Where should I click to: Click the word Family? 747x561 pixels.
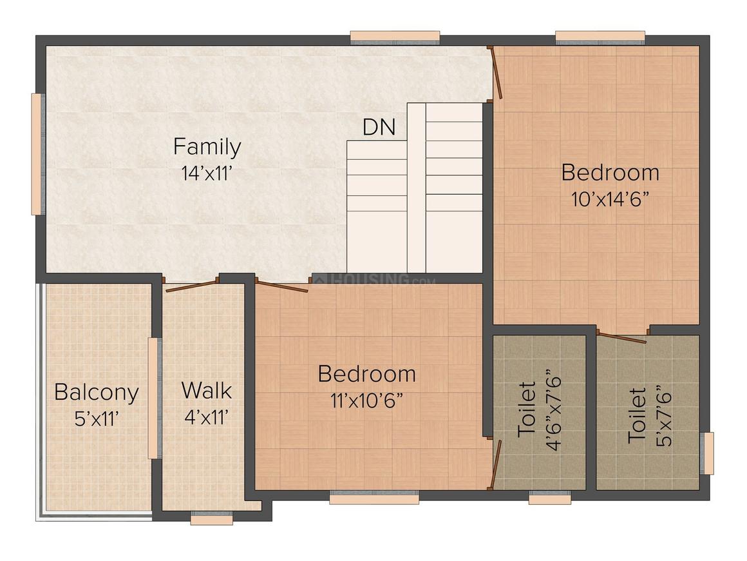coord(207,148)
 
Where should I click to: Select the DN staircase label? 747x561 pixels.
coord(379,127)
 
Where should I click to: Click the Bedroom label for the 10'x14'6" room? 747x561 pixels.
coord(610,173)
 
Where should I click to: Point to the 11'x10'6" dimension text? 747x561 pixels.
coord(366,400)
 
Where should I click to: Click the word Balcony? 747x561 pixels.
coord(96,392)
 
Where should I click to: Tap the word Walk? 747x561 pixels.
coord(206,391)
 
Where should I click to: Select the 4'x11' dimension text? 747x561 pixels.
coord(206,417)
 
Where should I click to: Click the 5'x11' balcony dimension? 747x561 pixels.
coord(96,418)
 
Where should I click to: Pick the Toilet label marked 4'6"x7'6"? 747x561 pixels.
coord(527,410)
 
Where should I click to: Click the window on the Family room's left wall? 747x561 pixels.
coord(38,154)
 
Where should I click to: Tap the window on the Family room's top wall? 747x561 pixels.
coord(395,37)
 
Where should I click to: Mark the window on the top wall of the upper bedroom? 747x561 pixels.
coord(600,37)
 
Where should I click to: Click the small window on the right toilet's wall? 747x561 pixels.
coord(706,453)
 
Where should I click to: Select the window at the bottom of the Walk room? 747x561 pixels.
coord(211,518)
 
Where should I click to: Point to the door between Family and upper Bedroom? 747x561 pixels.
coord(496,73)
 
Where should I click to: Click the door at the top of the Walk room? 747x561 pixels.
coord(191,286)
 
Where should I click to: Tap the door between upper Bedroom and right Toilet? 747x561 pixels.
coord(621,337)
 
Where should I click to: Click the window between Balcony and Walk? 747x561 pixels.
coord(153,398)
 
